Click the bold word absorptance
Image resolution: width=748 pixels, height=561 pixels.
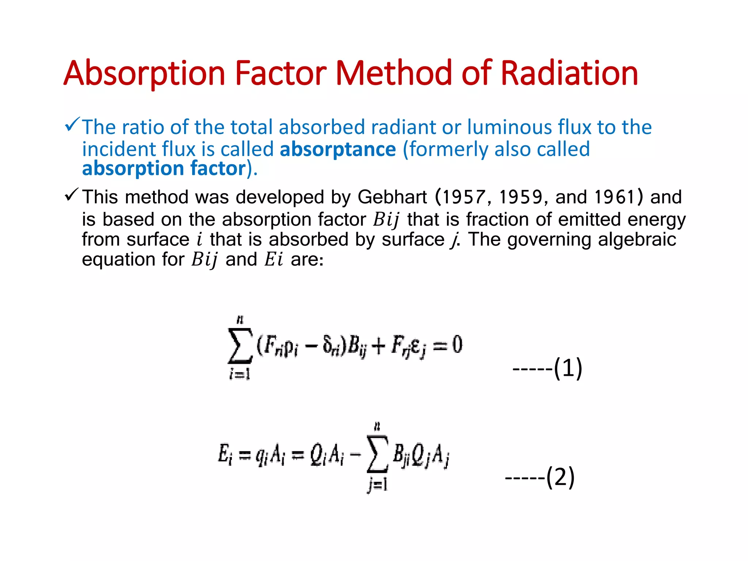(x=338, y=149)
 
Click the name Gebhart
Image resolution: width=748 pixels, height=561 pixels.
(x=392, y=197)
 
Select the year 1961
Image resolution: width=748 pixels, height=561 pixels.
(x=615, y=197)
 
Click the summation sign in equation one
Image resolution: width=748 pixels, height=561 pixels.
(x=240, y=345)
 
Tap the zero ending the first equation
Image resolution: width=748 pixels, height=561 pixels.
(x=457, y=344)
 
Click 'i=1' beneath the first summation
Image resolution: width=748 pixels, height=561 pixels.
(x=240, y=374)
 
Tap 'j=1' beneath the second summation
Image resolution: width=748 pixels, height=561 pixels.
(x=377, y=485)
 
